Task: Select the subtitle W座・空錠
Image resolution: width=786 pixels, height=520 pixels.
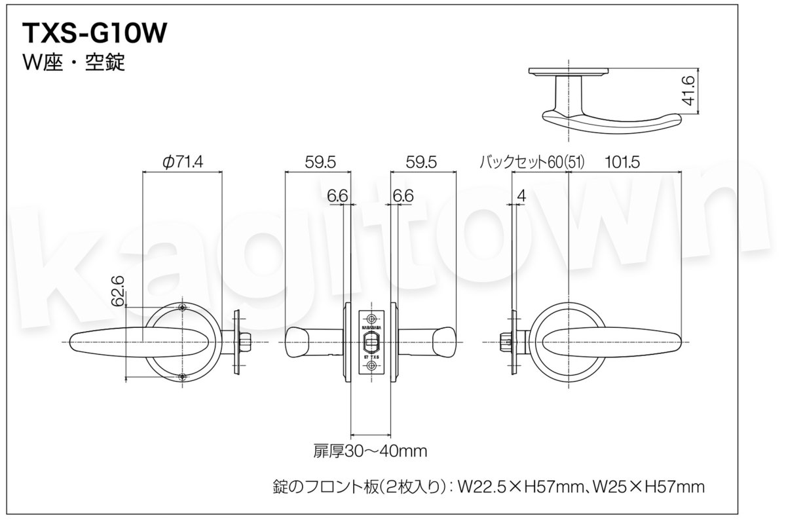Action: [x=73, y=64]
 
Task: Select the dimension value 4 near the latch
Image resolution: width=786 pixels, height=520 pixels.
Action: [x=521, y=195]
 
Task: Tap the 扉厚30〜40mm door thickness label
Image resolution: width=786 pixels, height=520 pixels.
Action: [x=370, y=451]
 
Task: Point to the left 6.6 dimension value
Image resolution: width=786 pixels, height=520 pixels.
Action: [x=337, y=195]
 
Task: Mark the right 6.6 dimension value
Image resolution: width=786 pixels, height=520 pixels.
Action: [x=403, y=195]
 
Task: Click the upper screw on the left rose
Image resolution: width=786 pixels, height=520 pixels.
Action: [x=182, y=308]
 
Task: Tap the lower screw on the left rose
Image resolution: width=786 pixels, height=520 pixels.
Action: [x=182, y=376]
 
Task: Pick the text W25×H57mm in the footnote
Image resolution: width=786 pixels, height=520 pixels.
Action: [x=646, y=487]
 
